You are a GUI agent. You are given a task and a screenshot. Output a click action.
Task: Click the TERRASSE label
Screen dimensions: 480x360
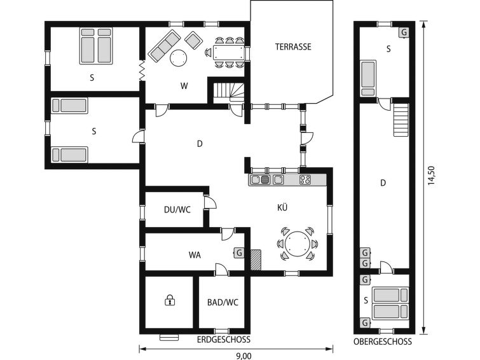point(293,47)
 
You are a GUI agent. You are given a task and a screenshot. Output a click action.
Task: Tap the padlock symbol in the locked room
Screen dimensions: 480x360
point(170,300)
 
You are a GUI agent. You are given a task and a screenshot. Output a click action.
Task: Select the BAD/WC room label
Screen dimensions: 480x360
point(223,302)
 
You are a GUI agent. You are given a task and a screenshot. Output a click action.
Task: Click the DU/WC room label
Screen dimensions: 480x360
point(177,210)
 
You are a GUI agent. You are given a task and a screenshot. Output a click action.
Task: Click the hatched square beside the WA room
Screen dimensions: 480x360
point(256,260)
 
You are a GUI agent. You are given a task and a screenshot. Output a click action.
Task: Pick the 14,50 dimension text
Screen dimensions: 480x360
point(431,176)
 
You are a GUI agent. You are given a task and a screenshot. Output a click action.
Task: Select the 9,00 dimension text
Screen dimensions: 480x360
point(243,356)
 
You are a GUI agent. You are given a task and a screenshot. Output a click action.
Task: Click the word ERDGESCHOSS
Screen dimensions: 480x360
point(223,340)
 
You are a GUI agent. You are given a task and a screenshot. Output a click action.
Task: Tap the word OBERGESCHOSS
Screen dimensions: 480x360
point(383,342)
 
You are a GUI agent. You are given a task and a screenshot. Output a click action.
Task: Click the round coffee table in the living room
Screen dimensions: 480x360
point(178,58)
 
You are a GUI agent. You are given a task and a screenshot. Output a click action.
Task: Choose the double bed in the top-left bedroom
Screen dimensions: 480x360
point(96,46)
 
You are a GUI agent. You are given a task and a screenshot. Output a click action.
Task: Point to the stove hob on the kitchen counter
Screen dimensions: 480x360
point(305,179)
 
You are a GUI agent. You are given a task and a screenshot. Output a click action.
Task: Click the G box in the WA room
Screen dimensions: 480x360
point(239,253)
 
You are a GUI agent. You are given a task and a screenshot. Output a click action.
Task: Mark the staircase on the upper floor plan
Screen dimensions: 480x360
point(401,120)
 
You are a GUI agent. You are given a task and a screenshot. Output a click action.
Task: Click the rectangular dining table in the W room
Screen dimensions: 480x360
point(228,53)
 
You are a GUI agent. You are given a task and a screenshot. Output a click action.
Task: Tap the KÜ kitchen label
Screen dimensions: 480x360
point(282,207)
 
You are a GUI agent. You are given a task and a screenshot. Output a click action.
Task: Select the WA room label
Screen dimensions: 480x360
point(195,255)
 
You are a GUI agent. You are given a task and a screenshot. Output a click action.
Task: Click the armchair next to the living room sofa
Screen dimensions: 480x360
point(193,40)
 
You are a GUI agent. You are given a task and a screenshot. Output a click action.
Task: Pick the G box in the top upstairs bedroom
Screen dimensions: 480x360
point(404,32)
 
